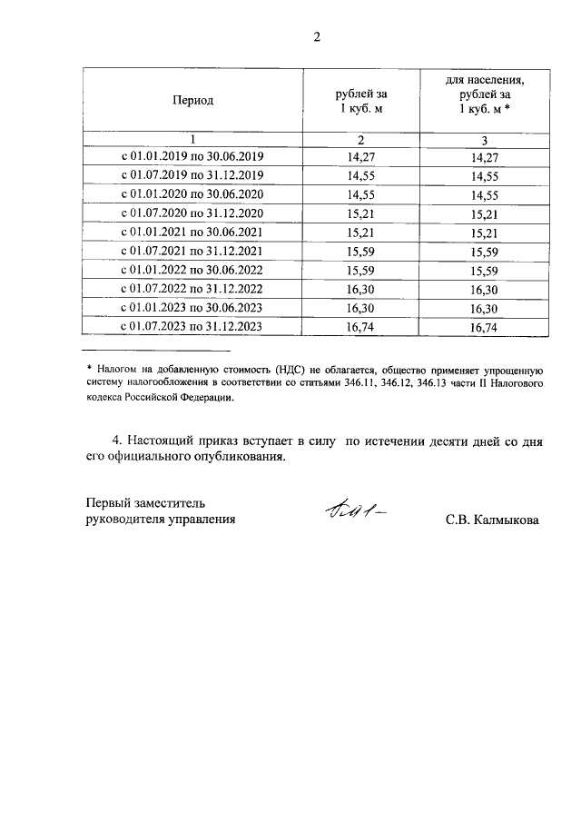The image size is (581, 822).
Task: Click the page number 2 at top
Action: click(x=316, y=37)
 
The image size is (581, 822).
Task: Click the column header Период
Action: click(x=192, y=100)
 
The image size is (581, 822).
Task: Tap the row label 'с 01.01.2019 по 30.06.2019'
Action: click(x=192, y=157)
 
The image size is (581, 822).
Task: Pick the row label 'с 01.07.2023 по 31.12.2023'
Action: click(x=192, y=327)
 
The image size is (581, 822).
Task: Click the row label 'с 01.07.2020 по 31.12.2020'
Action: click(x=192, y=213)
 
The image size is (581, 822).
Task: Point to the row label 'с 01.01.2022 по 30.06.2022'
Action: click(x=192, y=271)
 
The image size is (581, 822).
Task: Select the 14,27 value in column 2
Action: click(x=361, y=157)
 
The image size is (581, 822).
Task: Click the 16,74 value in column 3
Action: click(x=485, y=327)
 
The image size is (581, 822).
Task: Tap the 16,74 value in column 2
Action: click(x=361, y=327)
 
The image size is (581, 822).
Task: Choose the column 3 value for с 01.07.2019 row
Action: click(x=485, y=175)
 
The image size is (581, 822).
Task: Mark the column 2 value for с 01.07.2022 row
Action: click(x=361, y=289)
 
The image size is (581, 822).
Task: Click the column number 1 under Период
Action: click(x=192, y=139)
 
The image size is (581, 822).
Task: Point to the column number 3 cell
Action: click(x=485, y=139)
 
